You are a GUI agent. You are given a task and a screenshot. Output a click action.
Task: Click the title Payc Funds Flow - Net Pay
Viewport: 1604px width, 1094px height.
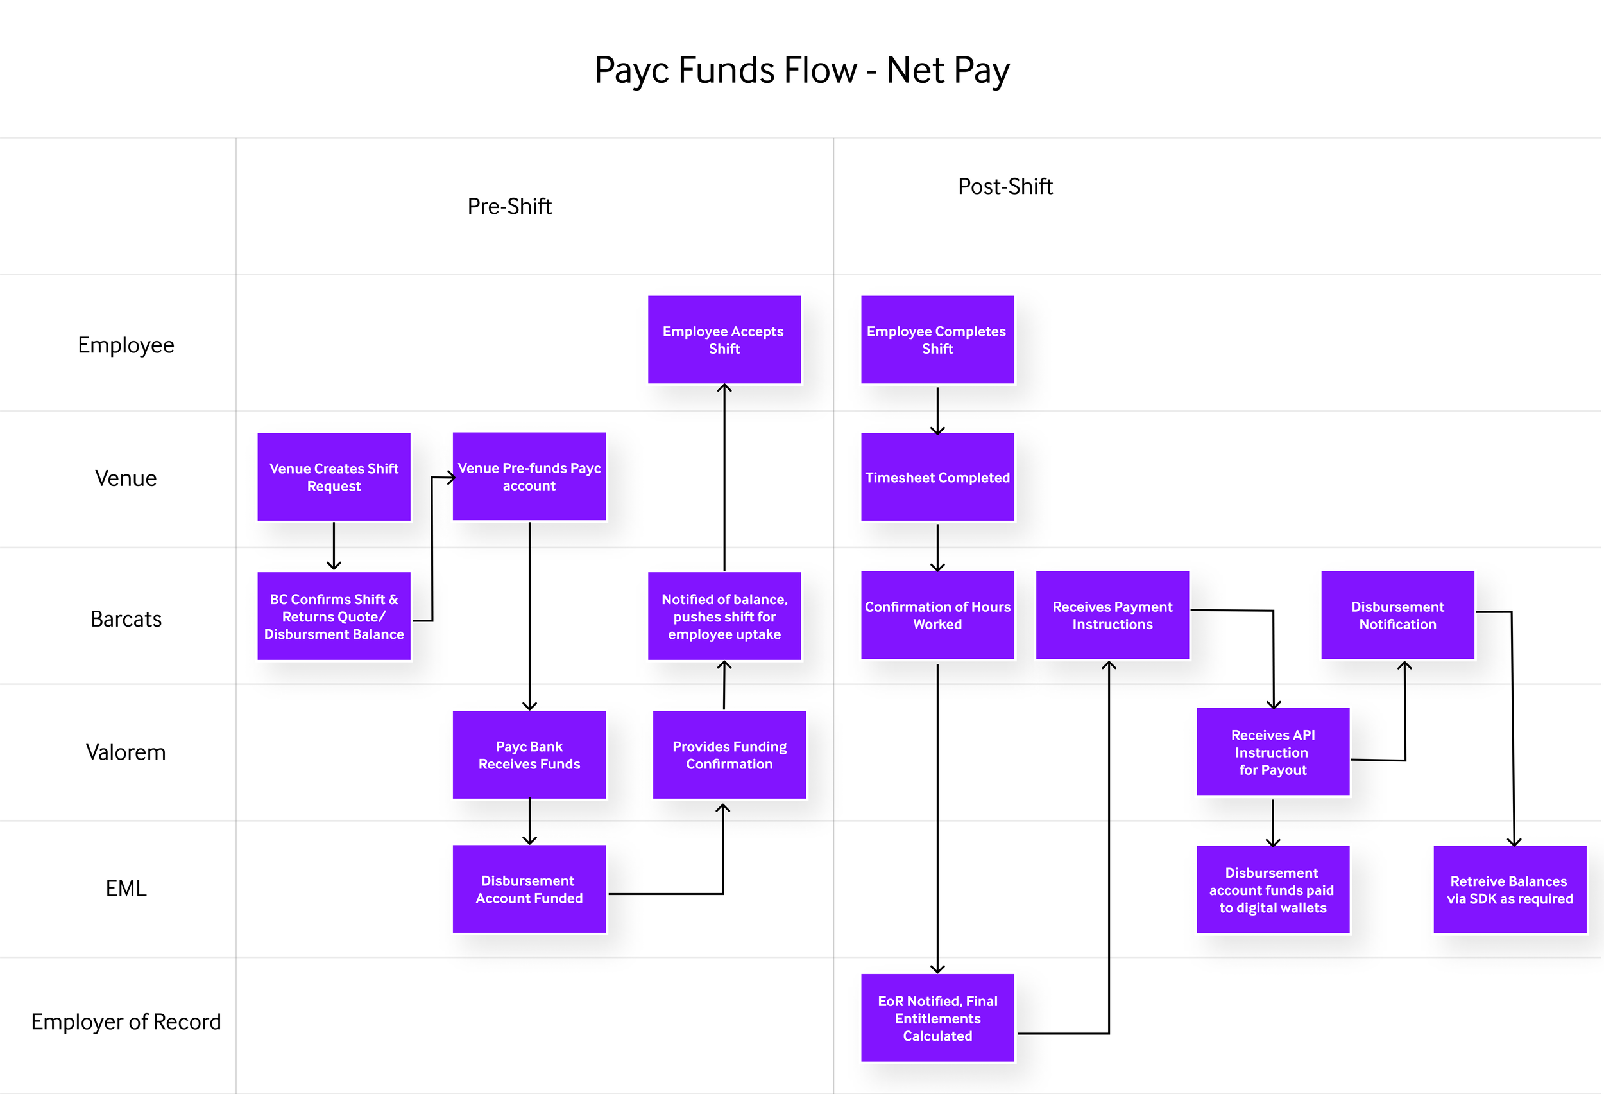click(x=801, y=71)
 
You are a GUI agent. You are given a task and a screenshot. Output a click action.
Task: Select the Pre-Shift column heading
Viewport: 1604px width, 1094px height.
click(x=509, y=206)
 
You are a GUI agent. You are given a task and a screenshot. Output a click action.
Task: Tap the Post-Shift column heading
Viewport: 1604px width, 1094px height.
click(x=1005, y=186)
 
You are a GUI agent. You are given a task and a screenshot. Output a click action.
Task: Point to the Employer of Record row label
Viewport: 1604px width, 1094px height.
click(x=126, y=1021)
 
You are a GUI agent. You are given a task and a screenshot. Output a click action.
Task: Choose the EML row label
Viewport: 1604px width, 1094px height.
click(x=126, y=887)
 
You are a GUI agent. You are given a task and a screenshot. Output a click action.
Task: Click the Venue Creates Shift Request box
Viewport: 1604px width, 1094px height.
click(x=334, y=476)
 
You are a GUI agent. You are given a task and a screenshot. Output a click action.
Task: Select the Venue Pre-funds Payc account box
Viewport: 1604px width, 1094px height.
click(x=529, y=476)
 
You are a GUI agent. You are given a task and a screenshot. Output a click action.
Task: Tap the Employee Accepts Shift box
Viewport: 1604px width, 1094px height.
click(x=724, y=339)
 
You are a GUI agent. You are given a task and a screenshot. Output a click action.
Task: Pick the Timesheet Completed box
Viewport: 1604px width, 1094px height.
click(x=937, y=476)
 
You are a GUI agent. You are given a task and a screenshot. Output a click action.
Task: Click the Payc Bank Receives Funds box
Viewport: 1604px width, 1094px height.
click(x=529, y=754)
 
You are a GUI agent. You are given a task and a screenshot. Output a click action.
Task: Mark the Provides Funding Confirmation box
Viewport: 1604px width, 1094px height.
click(x=729, y=754)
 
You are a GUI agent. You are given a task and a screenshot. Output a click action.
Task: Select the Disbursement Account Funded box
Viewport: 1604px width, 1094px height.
click(x=529, y=889)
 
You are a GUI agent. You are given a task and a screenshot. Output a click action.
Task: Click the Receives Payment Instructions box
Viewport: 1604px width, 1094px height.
click(x=1112, y=614)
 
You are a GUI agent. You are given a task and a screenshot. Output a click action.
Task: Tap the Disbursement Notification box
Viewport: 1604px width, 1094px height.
click(x=1397, y=614)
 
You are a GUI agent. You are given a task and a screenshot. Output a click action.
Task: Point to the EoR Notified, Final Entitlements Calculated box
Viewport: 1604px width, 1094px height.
click(x=937, y=1018)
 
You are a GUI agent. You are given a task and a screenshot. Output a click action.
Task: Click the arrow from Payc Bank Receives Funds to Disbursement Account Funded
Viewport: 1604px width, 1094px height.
click(x=529, y=821)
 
